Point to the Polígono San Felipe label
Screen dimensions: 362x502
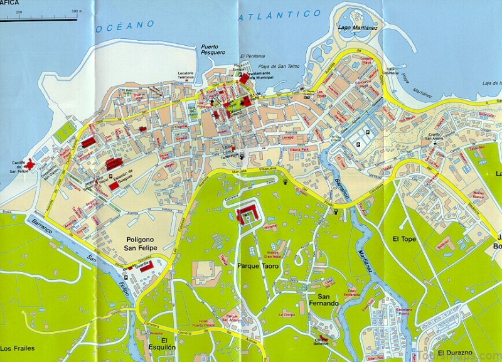(x=149, y=244)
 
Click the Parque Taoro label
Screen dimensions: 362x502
(x=257, y=266)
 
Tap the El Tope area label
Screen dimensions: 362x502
(x=404, y=239)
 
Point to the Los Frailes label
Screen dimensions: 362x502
(x=18, y=348)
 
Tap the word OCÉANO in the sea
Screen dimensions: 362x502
(x=126, y=26)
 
